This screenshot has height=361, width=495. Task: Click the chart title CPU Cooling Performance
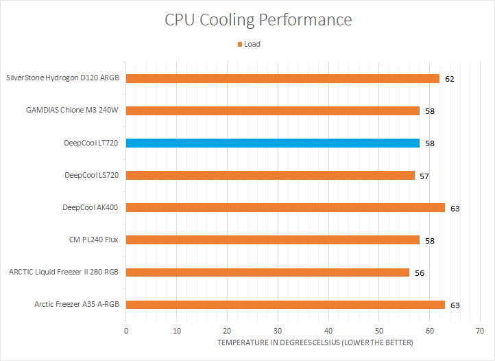point(258,20)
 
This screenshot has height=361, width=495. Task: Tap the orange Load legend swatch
point(240,45)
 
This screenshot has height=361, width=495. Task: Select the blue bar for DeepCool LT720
point(273,143)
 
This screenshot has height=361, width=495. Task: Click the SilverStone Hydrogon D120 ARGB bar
point(282,78)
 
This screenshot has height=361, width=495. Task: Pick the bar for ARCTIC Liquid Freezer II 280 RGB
point(267,272)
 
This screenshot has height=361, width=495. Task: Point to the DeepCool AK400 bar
point(285,207)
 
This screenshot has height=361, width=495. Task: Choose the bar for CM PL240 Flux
point(273,240)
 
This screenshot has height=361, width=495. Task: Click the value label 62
point(449,79)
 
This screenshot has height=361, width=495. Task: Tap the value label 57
point(424,176)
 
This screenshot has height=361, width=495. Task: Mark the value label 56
point(419,273)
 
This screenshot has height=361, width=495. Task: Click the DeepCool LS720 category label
point(92,175)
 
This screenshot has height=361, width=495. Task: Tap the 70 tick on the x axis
point(480,331)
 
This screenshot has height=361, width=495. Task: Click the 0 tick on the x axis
point(126,331)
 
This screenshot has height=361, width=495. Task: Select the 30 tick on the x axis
point(278,331)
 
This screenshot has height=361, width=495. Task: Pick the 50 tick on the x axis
point(379,331)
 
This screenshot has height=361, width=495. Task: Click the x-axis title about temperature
point(315,342)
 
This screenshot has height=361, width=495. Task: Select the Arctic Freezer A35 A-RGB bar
point(285,305)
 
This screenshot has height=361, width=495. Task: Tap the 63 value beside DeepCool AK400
point(454,208)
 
